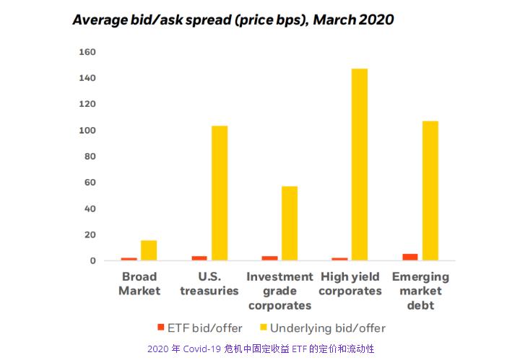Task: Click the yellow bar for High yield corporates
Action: pyautogui.click(x=359, y=165)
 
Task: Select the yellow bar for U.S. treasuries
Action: pyautogui.click(x=219, y=193)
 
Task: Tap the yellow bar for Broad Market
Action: pyautogui.click(x=149, y=250)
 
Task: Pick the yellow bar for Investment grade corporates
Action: pyautogui.click(x=290, y=223)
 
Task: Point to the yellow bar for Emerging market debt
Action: pyautogui.click(x=430, y=191)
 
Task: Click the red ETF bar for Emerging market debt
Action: pyautogui.click(x=410, y=256)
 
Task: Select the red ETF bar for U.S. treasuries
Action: pyautogui.click(x=199, y=258)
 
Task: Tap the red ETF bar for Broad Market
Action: pyautogui.click(x=129, y=258)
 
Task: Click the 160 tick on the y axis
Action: pyautogui.click(x=87, y=52)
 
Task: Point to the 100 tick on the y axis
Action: pyautogui.click(x=87, y=131)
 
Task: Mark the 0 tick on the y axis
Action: pyautogui.click(x=93, y=261)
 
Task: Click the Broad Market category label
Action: pyautogui.click(x=139, y=284)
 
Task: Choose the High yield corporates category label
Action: pyautogui.click(x=350, y=284)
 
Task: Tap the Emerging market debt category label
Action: pyautogui.click(x=420, y=291)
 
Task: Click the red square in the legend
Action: pyautogui.click(x=161, y=328)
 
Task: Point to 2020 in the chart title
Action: pyautogui.click(x=373, y=19)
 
